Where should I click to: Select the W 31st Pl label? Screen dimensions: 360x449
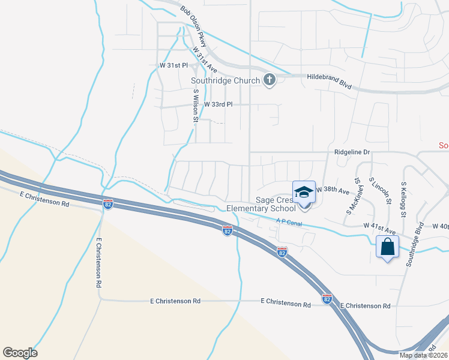click(x=173, y=65)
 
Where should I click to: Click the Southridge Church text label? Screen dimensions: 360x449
click(x=225, y=80)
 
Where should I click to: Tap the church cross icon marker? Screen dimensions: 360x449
click(x=270, y=80)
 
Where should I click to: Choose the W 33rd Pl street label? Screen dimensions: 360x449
click(x=217, y=104)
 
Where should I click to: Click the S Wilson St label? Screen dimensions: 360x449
click(x=196, y=106)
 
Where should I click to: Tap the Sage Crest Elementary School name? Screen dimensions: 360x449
click(x=261, y=204)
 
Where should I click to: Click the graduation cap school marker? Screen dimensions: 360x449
click(x=304, y=191)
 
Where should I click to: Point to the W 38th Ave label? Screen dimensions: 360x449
click(x=333, y=190)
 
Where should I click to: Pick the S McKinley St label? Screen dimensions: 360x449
click(x=354, y=196)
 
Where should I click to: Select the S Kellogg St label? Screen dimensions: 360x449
click(x=404, y=200)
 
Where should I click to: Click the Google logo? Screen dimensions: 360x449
click(x=20, y=353)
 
